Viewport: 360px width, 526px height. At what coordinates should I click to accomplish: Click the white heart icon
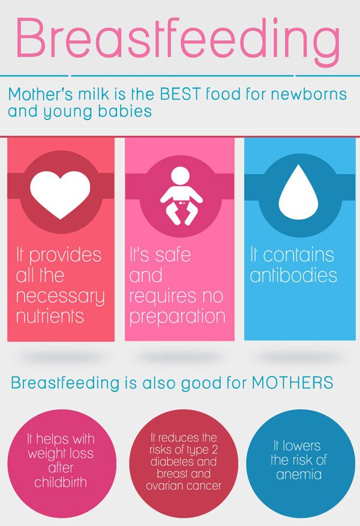click(61, 195)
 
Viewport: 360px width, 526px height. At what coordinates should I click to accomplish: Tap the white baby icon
click(181, 196)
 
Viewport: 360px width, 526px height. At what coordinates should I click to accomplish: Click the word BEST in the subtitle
click(180, 94)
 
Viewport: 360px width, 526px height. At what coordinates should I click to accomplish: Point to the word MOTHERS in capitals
click(292, 382)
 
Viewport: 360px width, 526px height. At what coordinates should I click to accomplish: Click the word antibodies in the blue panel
click(293, 275)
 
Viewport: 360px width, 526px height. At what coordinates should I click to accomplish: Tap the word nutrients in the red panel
click(50, 316)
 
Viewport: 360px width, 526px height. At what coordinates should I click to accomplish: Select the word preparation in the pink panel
click(178, 317)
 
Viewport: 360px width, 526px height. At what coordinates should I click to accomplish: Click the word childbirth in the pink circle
click(61, 482)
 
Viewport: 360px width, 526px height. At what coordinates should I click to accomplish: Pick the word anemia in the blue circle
click(299, 474)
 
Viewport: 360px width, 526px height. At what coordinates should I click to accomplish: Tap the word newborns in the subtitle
click(309, 94)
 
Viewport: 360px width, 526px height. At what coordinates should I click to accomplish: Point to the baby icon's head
click(181, 175)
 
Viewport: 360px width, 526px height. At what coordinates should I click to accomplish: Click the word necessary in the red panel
click(61, 297)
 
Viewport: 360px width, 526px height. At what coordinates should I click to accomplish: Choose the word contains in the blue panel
click(298, 255)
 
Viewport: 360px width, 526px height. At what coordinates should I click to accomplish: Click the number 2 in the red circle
click(215, 450)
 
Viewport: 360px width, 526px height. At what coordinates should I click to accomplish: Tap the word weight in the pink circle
click(44, 454)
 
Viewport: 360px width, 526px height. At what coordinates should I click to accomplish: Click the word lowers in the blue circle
click(302, 446)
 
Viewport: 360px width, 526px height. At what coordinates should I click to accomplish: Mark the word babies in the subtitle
click(125, 111)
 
